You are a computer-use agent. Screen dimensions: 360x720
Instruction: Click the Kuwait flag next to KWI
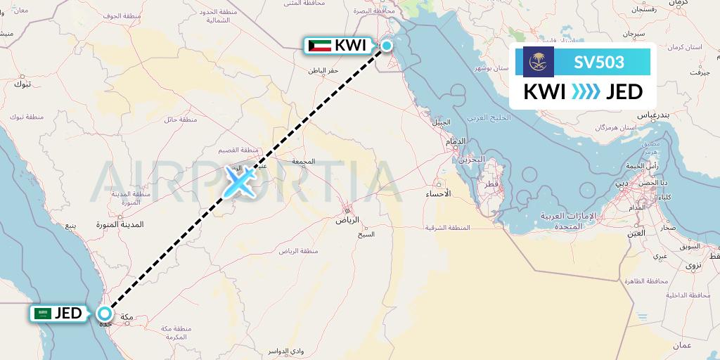point(320,46)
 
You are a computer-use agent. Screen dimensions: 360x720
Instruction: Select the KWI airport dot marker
point(386,46)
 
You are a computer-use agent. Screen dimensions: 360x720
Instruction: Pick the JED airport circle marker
point(105,314)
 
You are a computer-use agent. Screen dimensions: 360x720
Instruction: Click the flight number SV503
point(599,62)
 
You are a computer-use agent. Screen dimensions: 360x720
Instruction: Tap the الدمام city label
point(456,142)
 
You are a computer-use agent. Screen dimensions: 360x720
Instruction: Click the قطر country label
point(491,184)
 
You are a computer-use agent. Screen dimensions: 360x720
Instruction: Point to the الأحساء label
point(438,193)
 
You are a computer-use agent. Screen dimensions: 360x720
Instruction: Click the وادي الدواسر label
point(285,350)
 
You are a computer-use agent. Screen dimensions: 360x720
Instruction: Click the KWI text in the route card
point(546,91)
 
